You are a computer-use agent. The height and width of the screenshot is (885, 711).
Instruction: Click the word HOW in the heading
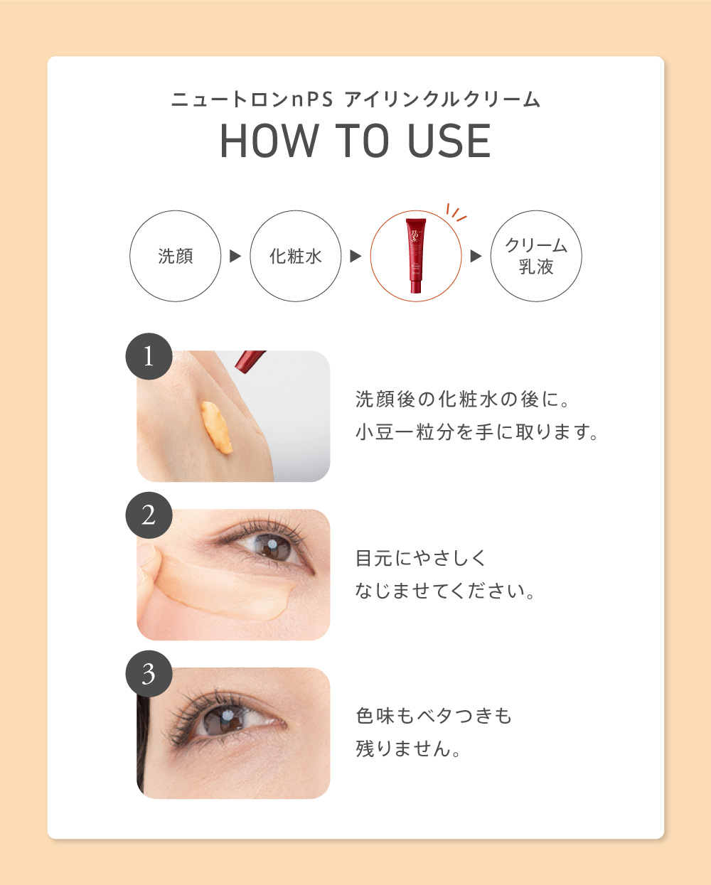(269, 141)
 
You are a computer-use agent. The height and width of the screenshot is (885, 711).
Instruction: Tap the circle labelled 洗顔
(176, 256)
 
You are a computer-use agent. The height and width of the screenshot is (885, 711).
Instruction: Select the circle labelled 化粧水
(296, 256)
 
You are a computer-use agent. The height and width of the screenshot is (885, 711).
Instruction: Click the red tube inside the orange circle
(416, 255)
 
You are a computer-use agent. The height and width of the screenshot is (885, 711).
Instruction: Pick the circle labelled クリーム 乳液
(536, 256)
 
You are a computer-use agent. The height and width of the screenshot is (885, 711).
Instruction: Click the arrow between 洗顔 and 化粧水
(235, 256)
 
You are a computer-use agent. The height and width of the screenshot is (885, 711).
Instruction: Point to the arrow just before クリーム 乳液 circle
(476, 256)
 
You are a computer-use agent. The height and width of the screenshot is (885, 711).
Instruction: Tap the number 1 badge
(149, 356)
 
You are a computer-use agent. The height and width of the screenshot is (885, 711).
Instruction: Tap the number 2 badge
(149, 515)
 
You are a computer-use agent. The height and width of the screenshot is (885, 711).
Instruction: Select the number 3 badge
(149, 674)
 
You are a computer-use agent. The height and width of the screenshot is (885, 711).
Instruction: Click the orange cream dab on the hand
(216, 428)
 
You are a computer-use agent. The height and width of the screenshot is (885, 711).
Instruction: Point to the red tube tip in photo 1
(249, 360)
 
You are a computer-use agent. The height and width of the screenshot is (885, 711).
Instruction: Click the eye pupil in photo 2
(272, 545)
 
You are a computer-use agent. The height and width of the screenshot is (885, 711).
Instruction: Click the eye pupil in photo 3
(226, 716)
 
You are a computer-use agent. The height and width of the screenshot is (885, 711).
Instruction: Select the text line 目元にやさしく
(421, 558)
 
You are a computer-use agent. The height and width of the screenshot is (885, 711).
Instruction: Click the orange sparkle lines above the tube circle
(456, 213)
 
